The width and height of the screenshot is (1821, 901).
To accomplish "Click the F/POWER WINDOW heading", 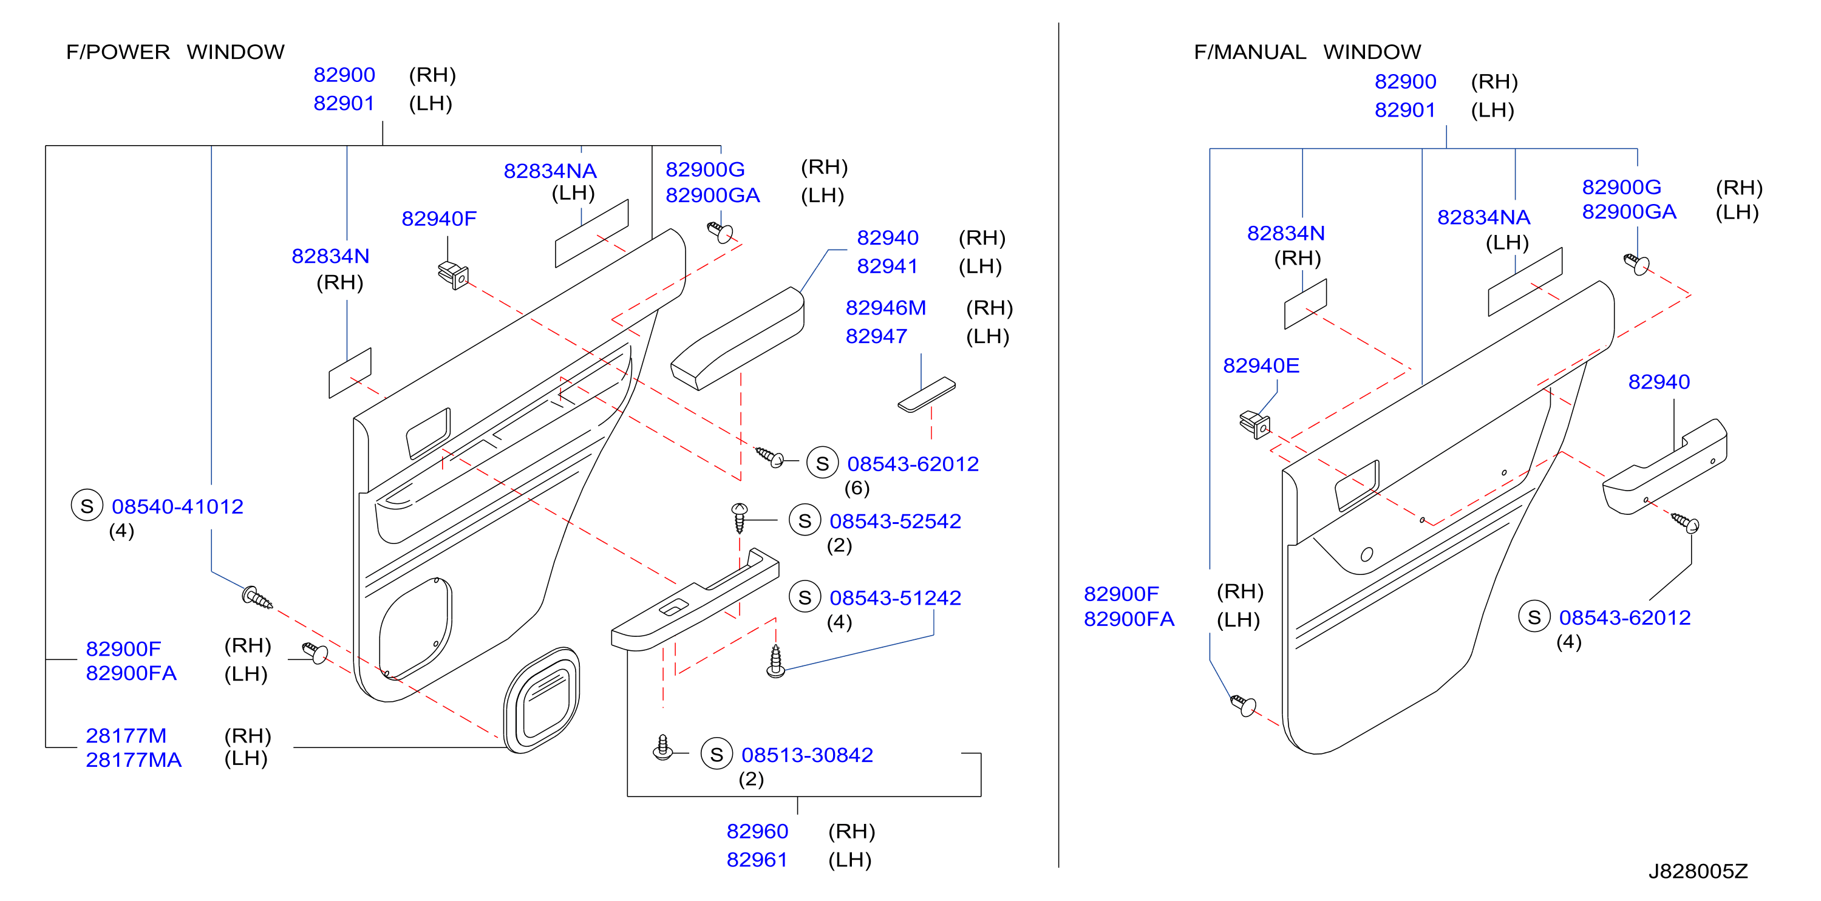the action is [x=175, y=52].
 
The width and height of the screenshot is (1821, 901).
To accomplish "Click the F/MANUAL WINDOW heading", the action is [x=1307, y=52].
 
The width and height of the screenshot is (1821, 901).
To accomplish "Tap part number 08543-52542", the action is [x=895, y=521].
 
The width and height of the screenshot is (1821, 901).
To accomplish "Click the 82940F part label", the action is [x=439, y=219].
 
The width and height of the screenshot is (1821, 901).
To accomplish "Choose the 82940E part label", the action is [x=1261, y=365].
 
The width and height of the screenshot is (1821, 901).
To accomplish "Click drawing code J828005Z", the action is [x=1698, y=871].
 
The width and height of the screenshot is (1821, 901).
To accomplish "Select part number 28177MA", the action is [x=134, y=760].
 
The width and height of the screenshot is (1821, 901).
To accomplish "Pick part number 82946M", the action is [x=886, y=307].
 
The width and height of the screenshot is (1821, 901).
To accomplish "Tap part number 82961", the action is [x=757, y=859].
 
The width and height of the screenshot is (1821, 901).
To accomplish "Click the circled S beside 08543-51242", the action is [x=805, y=597].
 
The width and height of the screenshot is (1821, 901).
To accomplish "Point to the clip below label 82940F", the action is [x=454, y=275].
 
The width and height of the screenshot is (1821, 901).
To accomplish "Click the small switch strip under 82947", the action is [x=926, y=394].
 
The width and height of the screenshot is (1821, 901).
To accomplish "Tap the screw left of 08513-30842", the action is [x=662, y=747].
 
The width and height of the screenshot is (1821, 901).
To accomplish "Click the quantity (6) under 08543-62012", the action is [x=857, y=488].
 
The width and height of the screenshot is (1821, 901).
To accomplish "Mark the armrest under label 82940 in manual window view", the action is [x=1665, y=466].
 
